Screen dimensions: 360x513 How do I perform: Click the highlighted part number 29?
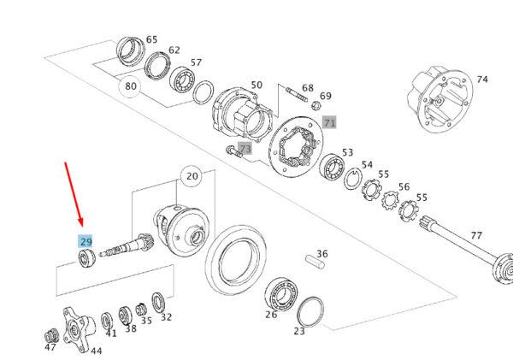click(85, 242)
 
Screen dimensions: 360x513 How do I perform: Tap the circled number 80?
click(130, 86)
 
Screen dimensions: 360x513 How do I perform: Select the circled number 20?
click(192, 177)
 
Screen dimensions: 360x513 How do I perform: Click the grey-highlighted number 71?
click(329, 122)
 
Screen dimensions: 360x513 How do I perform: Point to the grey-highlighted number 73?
click(245, 150)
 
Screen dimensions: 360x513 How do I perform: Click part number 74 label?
click(482, 80)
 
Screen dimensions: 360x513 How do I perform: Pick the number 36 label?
click(321, 254)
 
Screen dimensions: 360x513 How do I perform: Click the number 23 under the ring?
click(299, 331)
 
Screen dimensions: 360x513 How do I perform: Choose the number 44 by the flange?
click(96, 351)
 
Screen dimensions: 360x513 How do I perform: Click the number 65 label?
click(151, 39)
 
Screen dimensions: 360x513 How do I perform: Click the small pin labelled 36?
click(313, 263)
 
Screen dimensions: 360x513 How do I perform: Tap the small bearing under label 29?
click(85, 258)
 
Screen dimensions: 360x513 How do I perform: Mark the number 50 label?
click(256, 86)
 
